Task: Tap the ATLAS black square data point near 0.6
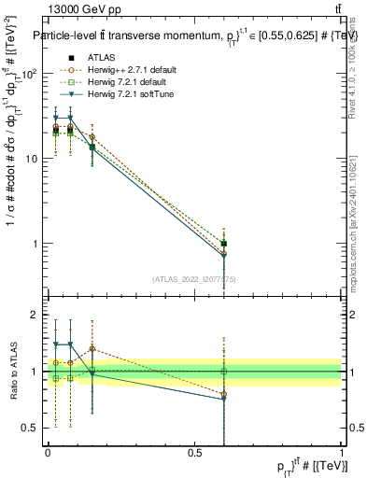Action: (x=224, y=244)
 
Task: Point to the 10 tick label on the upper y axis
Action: (x=31, y=159)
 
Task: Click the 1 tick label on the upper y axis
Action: (x=35, y=244)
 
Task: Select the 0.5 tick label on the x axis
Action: (x=195, y=453)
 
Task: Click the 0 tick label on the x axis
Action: (x=48, y=453)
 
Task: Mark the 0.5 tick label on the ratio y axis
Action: (x=31, y=428)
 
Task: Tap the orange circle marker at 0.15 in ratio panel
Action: (x=92, y=348)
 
